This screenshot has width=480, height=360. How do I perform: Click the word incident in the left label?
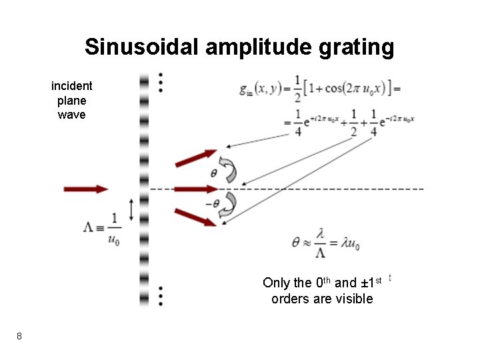coord(72,86)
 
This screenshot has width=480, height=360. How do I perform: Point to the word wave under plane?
coord(72,115)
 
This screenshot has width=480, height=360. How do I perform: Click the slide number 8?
coord(19,336)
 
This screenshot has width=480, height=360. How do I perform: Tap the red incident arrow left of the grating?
coord(85,189)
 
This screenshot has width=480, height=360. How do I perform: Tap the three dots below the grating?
coord(161,295)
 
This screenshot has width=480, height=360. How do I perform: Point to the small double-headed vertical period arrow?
coord(131,210)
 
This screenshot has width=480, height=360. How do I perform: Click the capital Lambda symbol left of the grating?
coord(89,227)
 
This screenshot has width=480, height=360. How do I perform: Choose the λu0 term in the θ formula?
coord(349,244)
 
